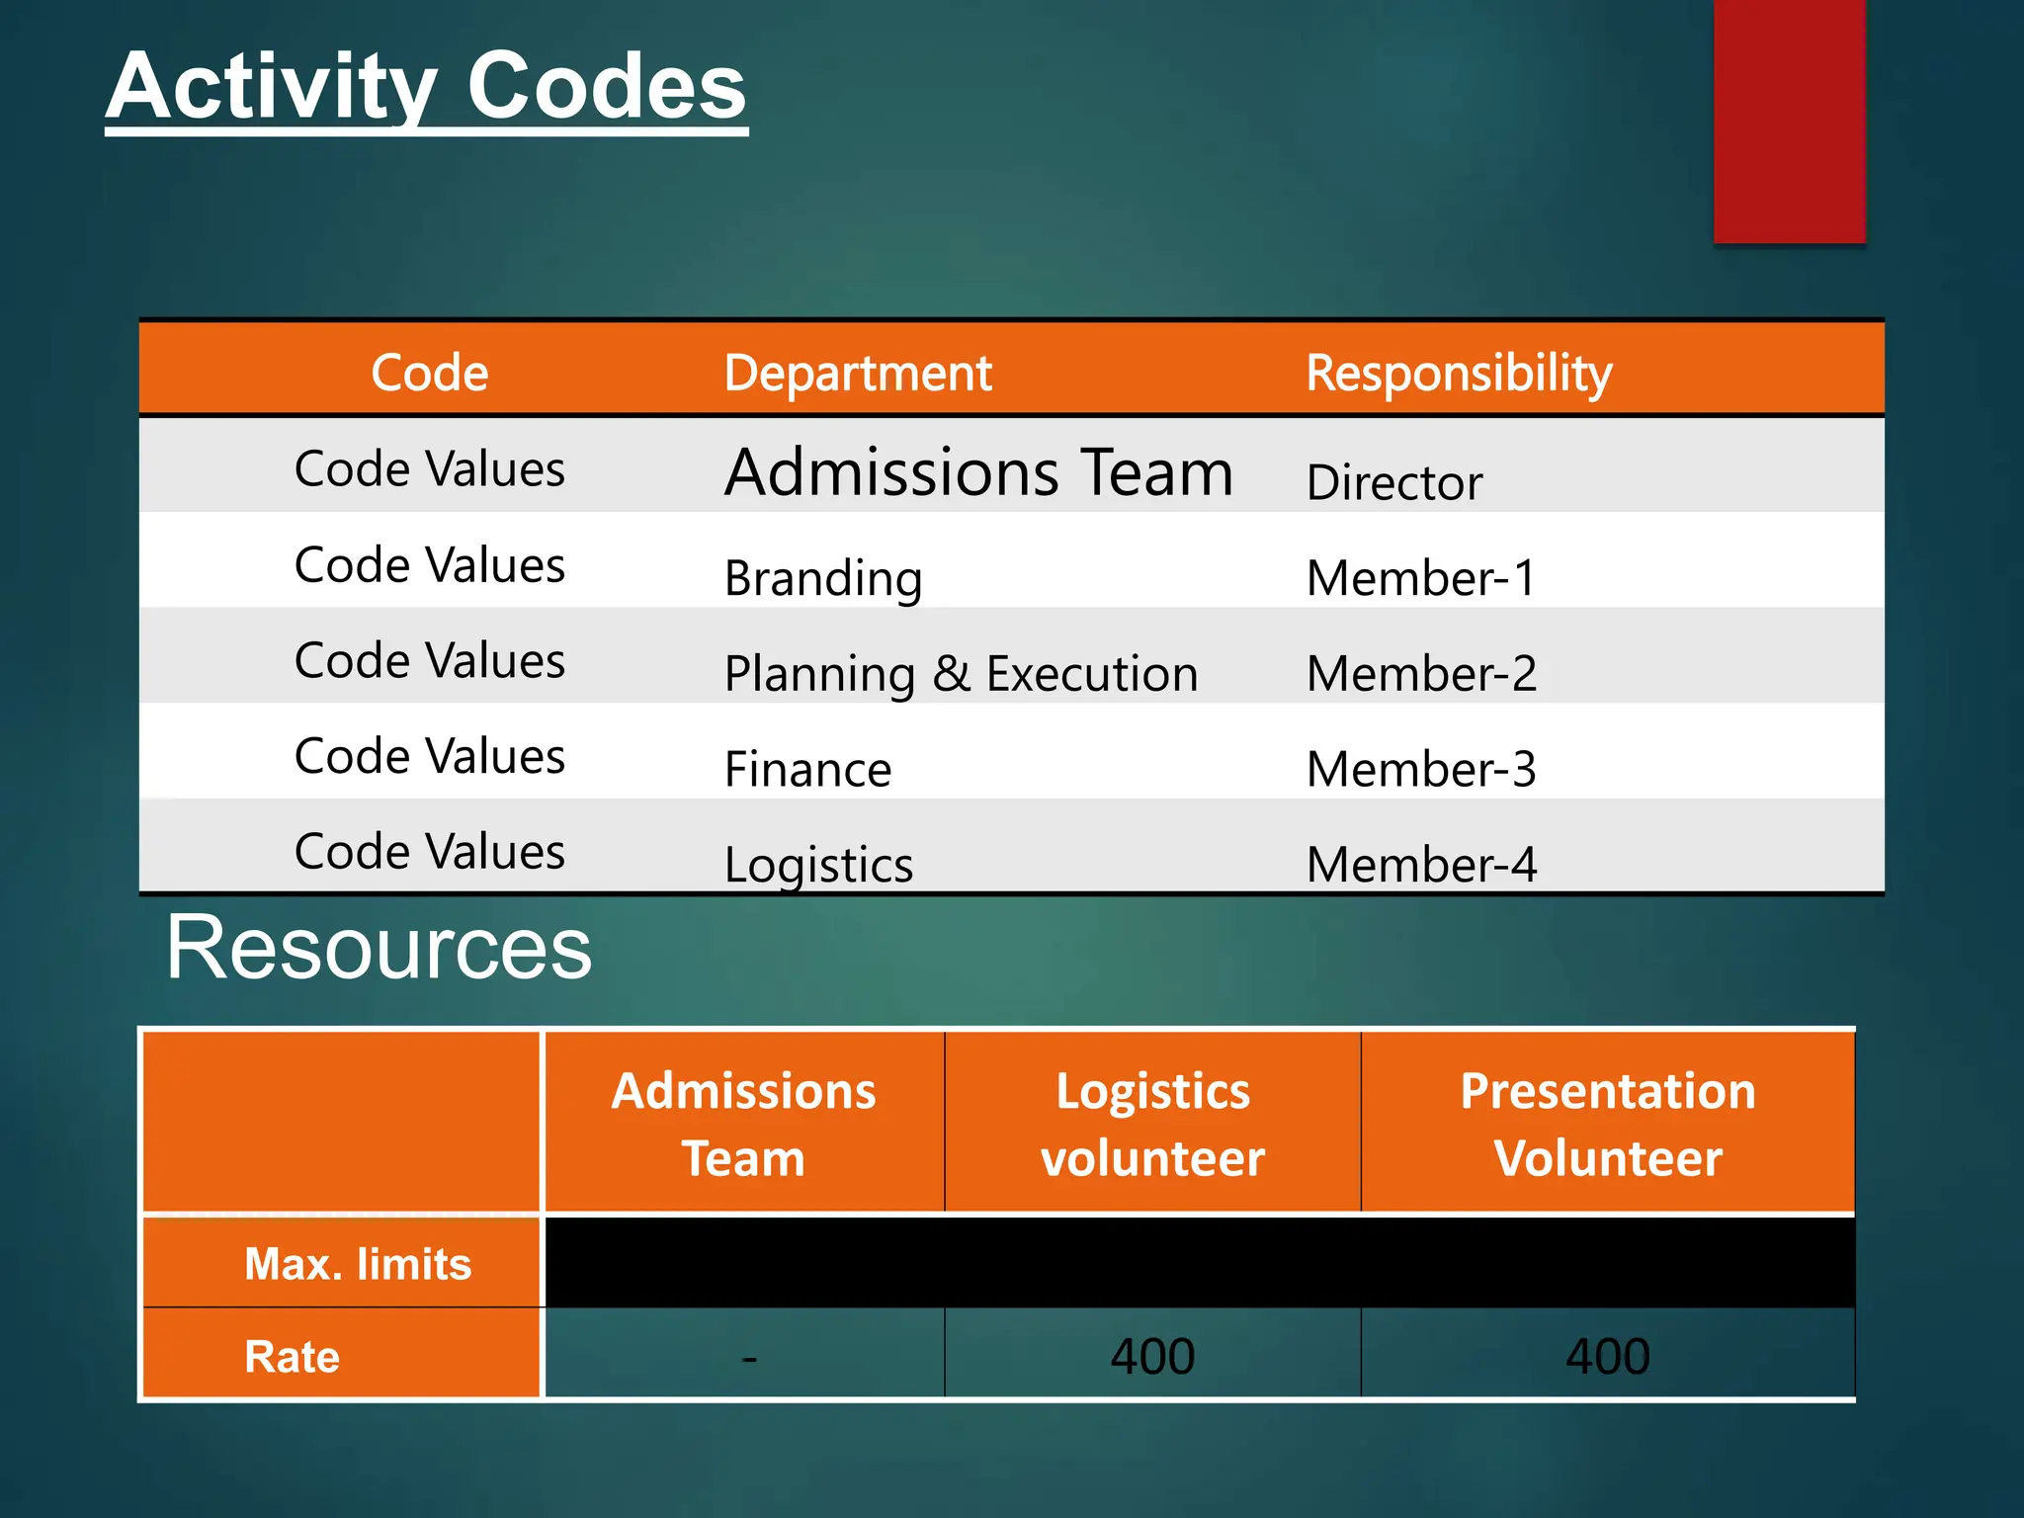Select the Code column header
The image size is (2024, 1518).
[430, 373]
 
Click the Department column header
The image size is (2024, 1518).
[857, 373]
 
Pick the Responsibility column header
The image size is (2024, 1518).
[1459, 373]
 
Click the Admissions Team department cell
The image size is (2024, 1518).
[978, 471]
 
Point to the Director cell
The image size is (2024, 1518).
[1393, 482]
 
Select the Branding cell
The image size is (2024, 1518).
[823, 578]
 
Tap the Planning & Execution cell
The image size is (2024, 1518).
[961, 674]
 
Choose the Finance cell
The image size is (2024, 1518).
[807, 769]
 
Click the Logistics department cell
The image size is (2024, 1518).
[818, 865]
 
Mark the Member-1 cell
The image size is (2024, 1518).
[1421, 578]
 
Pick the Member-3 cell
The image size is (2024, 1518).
[1421, 769]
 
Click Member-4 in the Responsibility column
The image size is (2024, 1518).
[1421, 865]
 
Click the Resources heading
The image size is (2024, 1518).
[379, 947]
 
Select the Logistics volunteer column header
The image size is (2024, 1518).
[1152, 1124]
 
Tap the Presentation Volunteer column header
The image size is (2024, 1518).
[1608, 1124]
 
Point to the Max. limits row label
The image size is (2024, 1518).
[358, 1264]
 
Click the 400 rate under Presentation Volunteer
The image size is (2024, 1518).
[1608, 1356]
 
